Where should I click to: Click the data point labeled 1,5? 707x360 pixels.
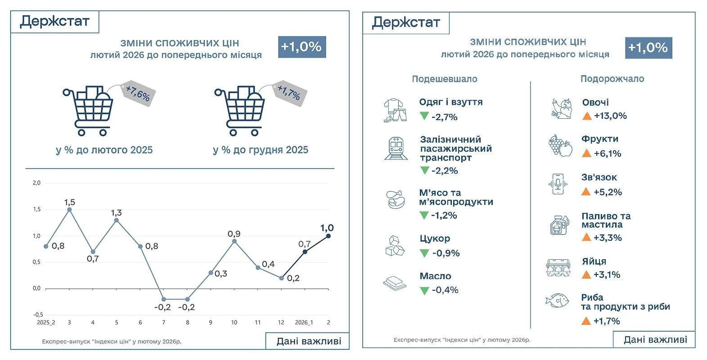(69, 209)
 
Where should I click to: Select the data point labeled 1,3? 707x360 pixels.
(117, 220)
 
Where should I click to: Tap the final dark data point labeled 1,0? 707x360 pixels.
(329, 236)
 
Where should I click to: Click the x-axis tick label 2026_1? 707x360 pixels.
(304, 323)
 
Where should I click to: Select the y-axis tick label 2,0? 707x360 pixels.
(36, 183)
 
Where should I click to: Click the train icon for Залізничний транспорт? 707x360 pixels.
(396, 148)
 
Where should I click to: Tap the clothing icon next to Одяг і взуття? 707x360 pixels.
(395, 110)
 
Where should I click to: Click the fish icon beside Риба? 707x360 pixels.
(557, 300)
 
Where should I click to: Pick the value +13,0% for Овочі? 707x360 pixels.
(610, 116)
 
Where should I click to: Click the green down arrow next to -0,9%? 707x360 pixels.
(424, 253)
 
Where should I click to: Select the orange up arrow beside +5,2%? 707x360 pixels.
(586, 192)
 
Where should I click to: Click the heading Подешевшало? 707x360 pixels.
(445, 79)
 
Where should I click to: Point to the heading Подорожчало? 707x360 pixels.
(612, 79)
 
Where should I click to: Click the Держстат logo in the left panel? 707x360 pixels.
(55, 21)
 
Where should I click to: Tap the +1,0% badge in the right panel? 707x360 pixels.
(648, 48)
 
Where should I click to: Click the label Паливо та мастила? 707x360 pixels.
(606, 220)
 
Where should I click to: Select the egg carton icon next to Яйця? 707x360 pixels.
(558, 268)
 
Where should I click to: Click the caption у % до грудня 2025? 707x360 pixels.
(261, 150)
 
